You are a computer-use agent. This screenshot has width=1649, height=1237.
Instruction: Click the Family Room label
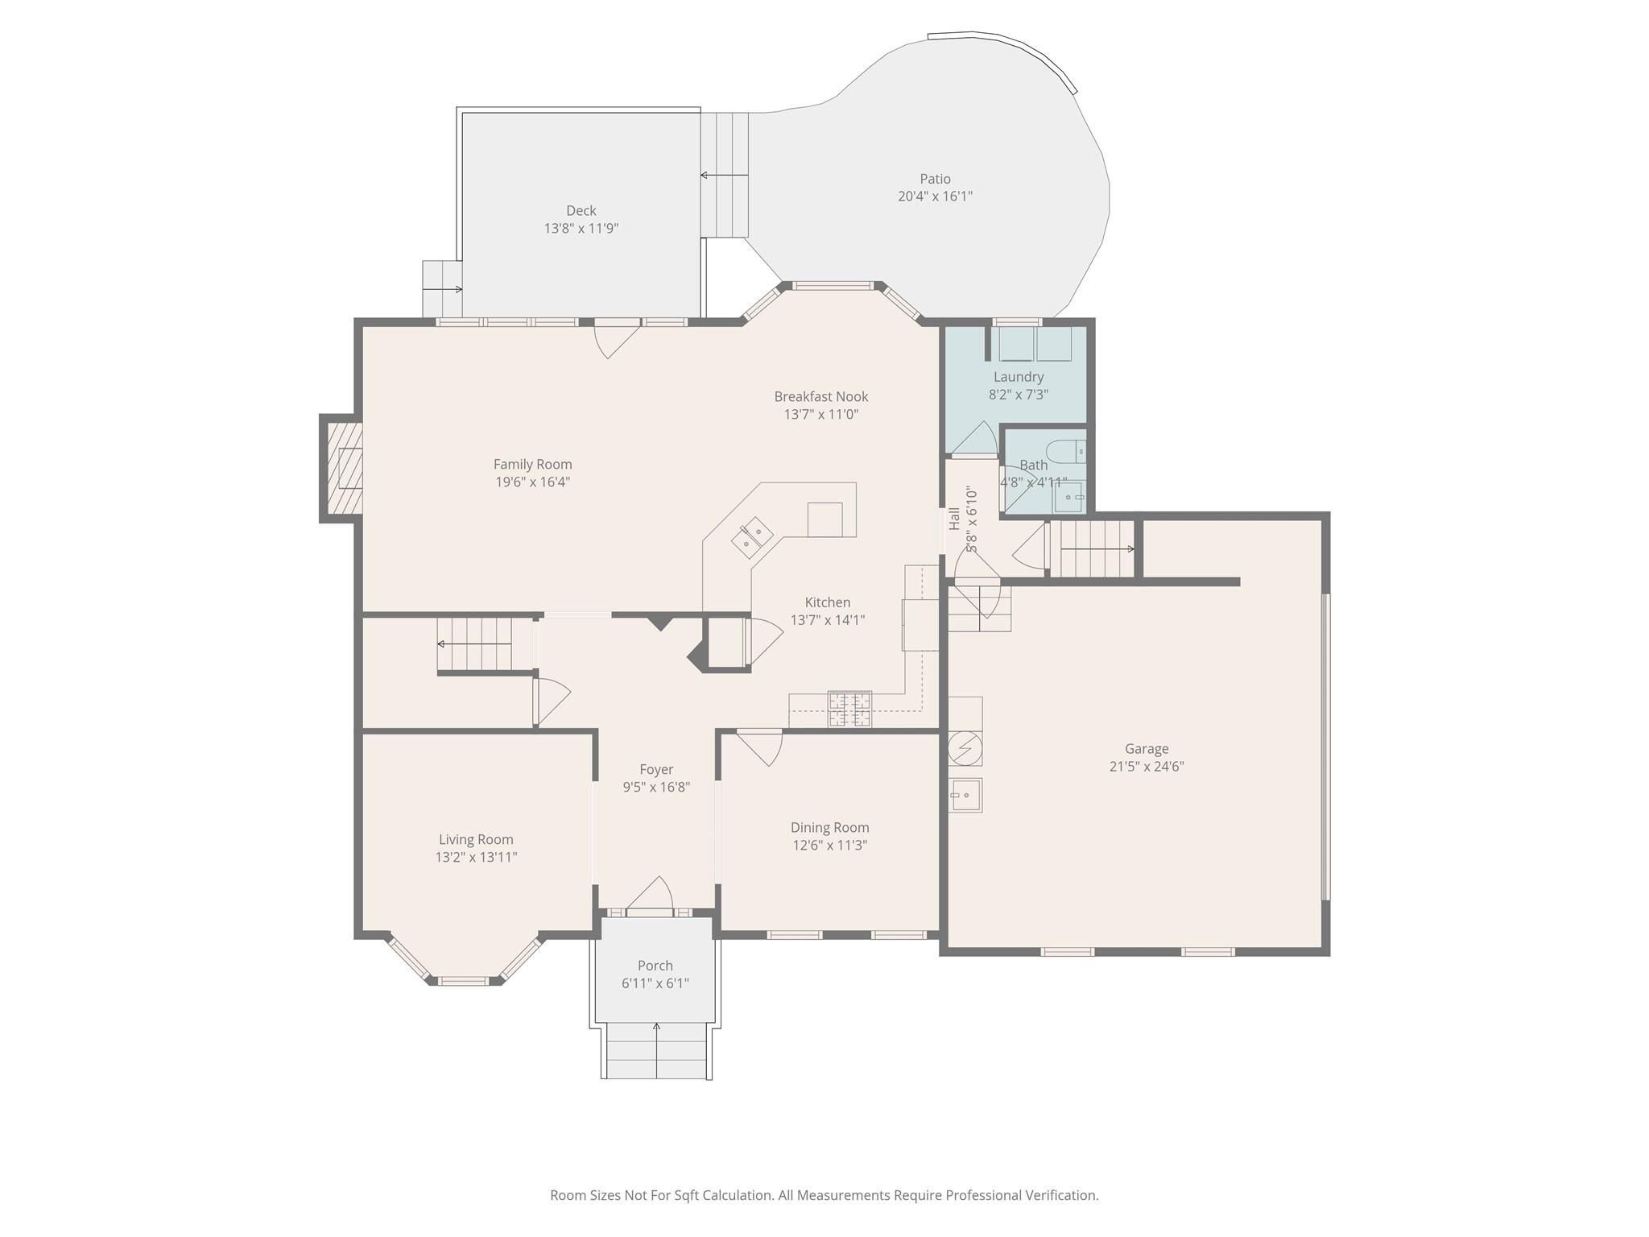pyautogui.click(x=532, y=464)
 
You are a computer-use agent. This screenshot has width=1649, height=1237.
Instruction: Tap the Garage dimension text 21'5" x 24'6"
pyautogui.click(x=1147, y=766)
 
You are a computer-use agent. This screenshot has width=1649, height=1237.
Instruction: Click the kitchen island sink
pyautogui.click(x=752, y=538)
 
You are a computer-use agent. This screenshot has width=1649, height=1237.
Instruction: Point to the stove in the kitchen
pyautogui.click(x=849, y=710)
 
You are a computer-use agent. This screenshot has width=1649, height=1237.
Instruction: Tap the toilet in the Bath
pyautogui.click(x=1066, y=451)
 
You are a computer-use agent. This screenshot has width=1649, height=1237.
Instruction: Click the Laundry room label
pyautogui.click(x=1019, y=376)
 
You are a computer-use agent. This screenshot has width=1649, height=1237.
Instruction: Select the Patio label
pyautogui.click(x=935, y=179)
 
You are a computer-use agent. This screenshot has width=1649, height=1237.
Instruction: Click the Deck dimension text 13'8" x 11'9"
pyautogui.click(x=581, y=228)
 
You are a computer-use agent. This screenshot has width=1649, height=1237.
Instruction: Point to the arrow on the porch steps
pyautogui.click(x=656, y=1050)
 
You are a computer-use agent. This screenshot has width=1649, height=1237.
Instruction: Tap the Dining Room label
pyautogui.click(x=829, y=827)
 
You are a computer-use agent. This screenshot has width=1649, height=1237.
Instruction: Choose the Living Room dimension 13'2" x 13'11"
pyautogui.click(x=476, y=857)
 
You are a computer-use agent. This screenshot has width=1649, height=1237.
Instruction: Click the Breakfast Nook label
pyautogui.click(x=821, y=396)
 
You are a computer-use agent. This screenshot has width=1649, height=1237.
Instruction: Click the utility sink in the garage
pyautogui.click(x=965, y=795)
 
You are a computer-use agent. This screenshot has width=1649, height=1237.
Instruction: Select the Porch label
pyautogui.click(x=655, y=965)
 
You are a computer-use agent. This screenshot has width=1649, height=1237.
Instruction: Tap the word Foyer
pyautogui.click(x=656, y=769)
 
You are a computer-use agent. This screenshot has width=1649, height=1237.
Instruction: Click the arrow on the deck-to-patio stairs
pyautogui.click(x=724, y=175)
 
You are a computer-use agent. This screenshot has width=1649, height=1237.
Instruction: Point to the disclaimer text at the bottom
pyautogui.click(x=824, y=1195)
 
